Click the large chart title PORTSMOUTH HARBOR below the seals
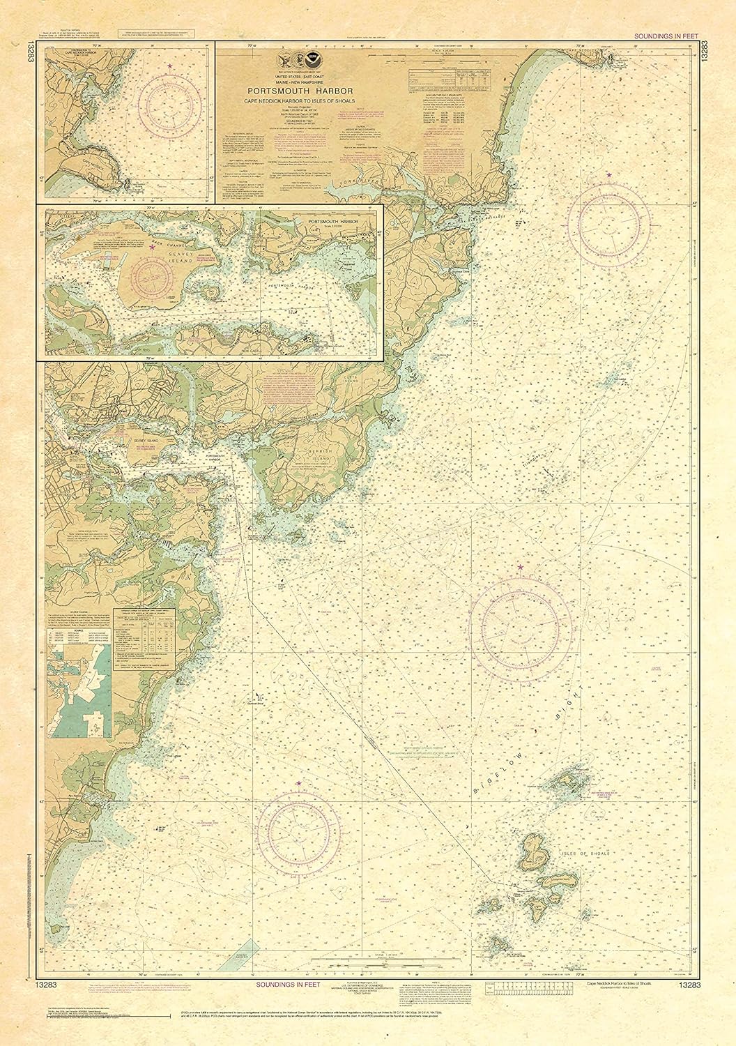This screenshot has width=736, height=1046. point(316,91)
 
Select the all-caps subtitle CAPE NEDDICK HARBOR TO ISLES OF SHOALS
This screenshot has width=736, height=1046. point(316,101)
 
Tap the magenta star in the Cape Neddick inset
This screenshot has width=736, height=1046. point(171,65)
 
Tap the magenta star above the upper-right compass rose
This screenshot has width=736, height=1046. point(610,174)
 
